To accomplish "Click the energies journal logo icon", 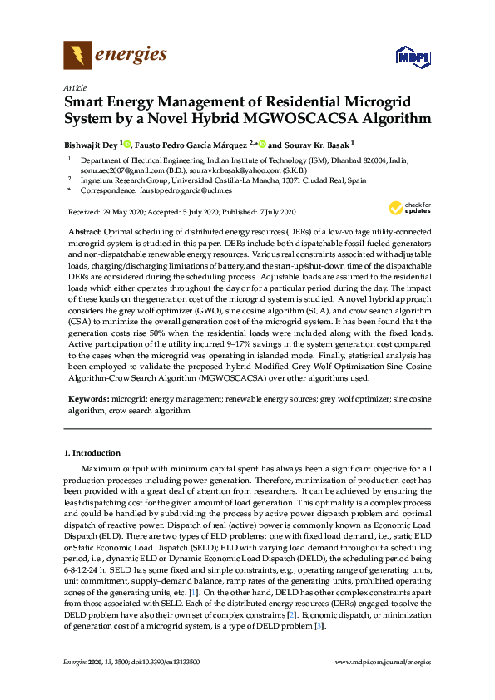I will pos(77,56).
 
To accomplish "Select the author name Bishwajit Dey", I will pos(91,144).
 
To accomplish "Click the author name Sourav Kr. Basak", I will pos(319,144).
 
